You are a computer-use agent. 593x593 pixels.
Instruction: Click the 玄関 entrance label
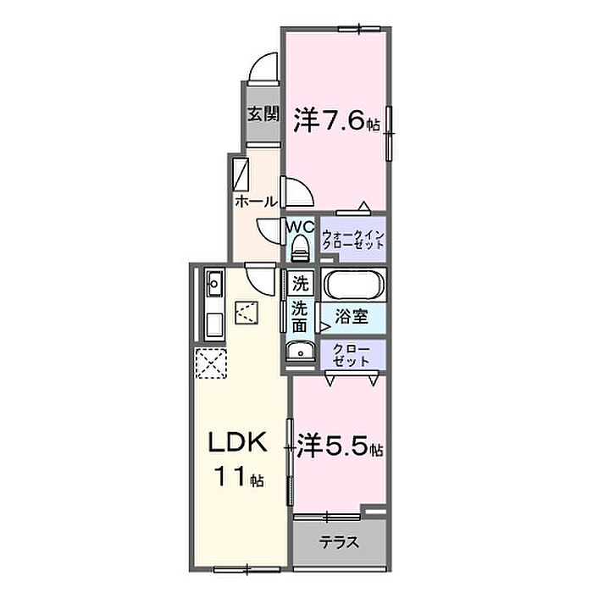tap(263, 114)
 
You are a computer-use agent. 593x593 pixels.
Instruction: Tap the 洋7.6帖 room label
tap(336, 120)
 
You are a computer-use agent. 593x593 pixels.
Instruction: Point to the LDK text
tap(238, 441)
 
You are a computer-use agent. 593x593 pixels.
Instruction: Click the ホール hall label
tap(256, 202)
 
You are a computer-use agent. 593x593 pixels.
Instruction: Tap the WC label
tap(300, 227)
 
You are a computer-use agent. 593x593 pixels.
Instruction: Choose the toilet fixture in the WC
tap(301, 248)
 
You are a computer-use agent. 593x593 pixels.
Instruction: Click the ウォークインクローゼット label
tap(353, 240)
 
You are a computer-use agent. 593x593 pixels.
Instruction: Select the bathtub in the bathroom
tap(354, 286)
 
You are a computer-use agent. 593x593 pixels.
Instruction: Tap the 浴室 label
tap(352, 316)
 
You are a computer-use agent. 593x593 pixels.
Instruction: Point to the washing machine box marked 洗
tap(301, 284)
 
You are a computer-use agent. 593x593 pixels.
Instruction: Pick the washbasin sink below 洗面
tap(301, 352)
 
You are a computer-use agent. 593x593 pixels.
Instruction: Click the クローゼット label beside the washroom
tap(352, 355)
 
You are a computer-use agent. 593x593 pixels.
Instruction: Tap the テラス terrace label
tap(339, 543)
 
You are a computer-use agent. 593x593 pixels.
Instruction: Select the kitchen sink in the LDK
tap(215, 283)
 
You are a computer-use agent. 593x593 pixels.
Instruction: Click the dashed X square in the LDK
tap(211, 363)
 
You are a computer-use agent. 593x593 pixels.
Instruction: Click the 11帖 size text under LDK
tap(239, 477)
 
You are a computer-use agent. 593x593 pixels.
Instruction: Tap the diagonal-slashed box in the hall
tap(241, 175)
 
